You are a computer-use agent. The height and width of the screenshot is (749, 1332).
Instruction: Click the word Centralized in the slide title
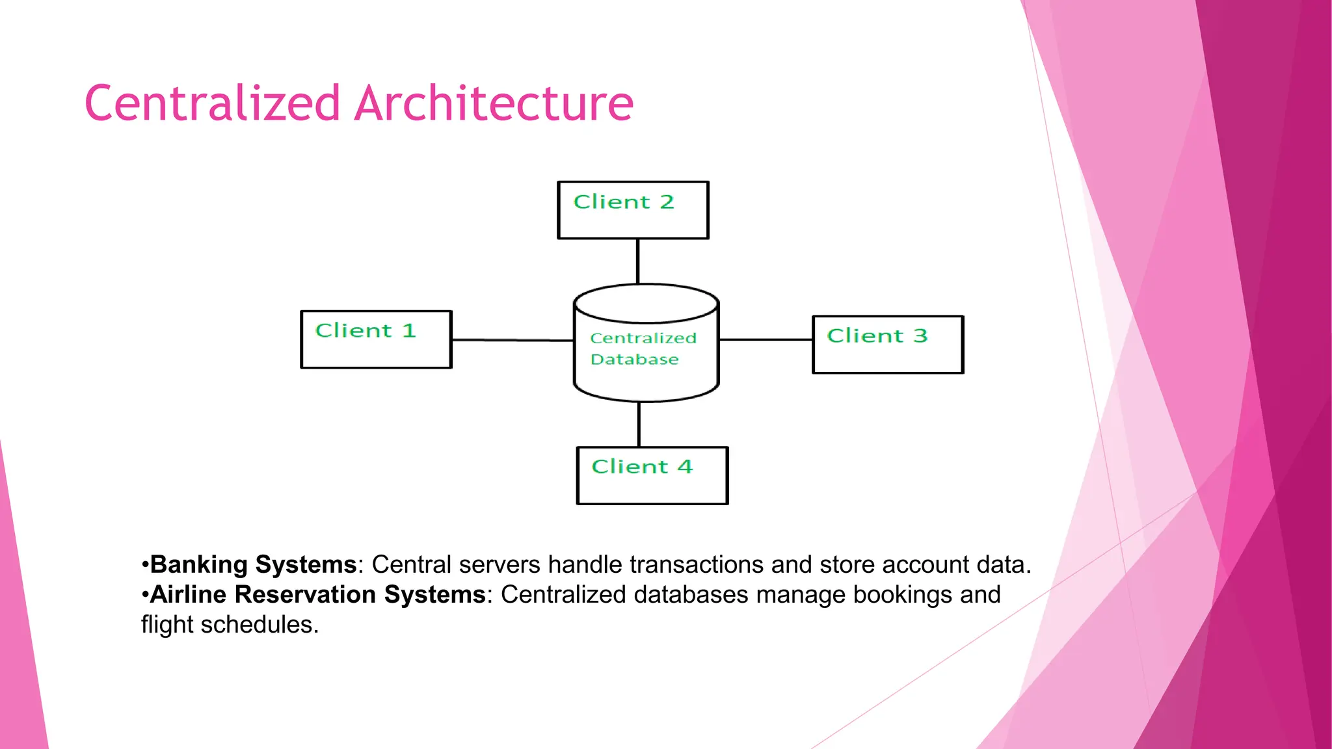click(x=213, y=103)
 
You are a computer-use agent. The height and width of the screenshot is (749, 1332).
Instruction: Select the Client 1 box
click(x=376, y=340)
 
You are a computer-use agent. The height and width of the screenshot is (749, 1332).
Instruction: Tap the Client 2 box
click(x=633, y=211)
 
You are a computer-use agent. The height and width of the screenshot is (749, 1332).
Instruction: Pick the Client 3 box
click(x=888, y=345)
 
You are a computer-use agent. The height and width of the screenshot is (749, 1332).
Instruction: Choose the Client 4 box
click(x=652, y=476)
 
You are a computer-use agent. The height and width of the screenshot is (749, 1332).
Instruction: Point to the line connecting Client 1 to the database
click(x=513, y=339)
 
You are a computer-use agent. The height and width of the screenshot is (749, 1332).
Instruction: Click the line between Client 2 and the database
click(x=637, y=261)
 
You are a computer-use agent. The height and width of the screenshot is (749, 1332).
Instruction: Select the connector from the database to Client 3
click(x=766, y=339)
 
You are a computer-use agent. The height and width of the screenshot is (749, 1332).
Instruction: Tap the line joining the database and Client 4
click(x=639, y=424)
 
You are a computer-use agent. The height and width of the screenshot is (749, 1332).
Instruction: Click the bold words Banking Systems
click(x=253, y=564)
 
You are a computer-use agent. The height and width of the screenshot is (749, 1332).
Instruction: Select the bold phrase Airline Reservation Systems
click(x=317, y=594)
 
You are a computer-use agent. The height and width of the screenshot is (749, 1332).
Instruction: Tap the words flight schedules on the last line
click(x=230, y=625)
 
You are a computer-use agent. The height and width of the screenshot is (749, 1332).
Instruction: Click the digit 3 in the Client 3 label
click(x=920, y=336)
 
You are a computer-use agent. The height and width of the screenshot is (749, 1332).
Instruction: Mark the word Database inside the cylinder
click(x=634, y=360)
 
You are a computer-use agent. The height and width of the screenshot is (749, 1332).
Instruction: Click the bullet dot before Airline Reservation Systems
click(x=145, y=595)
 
